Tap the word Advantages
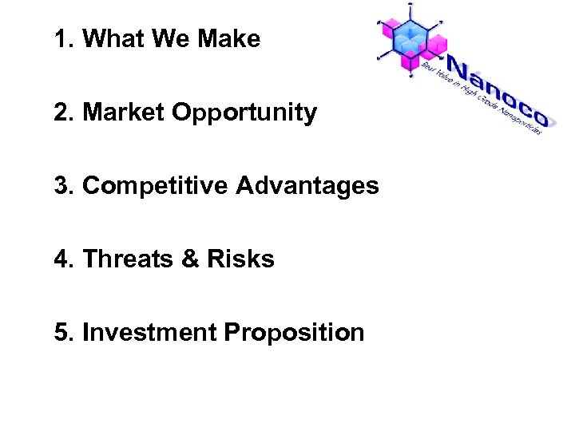pyautogui.click(x=307, y=187)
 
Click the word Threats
pyautogui.click(x=129, y=259)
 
